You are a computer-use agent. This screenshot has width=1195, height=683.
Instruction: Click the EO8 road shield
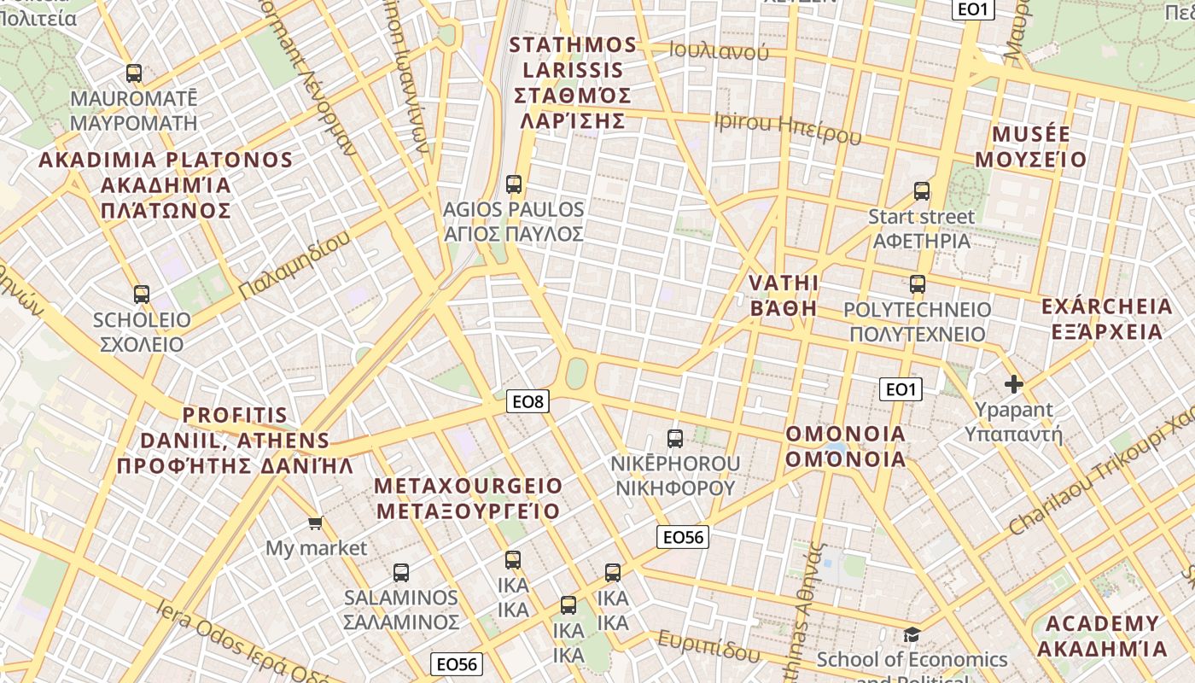point(528,400)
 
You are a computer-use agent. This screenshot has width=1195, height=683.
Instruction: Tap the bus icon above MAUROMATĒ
point(133,73)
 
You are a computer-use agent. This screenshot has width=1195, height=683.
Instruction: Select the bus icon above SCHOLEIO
point(142,295)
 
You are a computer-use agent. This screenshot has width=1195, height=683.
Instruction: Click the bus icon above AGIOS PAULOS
point(514,184)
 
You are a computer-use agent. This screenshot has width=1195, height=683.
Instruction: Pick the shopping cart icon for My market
point(316,522)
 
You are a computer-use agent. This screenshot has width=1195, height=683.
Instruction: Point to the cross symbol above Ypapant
point(1014,384)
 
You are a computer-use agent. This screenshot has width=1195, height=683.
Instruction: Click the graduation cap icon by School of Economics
point(912,634)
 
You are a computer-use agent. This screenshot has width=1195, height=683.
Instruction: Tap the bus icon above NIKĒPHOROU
point(675,439)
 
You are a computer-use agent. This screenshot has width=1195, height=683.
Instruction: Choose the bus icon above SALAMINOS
point(401,572)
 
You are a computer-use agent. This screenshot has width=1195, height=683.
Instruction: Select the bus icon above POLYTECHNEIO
point(918,284)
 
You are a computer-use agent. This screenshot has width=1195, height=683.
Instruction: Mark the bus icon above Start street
point(922,190)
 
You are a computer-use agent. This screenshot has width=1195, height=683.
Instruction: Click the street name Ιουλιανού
point(719,51)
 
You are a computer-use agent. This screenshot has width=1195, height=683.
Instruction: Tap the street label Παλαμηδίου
point(294,266)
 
